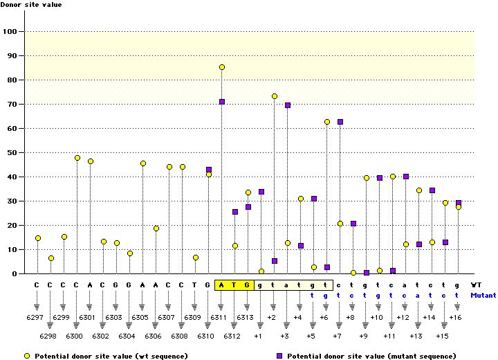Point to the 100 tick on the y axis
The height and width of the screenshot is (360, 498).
12,31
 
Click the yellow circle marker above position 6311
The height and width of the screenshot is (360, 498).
222,67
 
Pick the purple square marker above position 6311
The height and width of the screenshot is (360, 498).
222,102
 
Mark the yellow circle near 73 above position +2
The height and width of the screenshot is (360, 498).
275,96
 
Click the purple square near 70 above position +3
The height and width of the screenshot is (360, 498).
288,105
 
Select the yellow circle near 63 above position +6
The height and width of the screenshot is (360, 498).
327,122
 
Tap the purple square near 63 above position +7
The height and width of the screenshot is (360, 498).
340,122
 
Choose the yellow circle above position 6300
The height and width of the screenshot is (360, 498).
77,158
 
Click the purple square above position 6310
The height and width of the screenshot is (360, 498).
209,170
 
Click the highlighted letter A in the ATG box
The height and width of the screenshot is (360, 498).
221,285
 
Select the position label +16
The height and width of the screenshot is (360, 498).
456,316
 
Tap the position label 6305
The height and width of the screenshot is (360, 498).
142,316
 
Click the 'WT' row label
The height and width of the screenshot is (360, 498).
476,285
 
